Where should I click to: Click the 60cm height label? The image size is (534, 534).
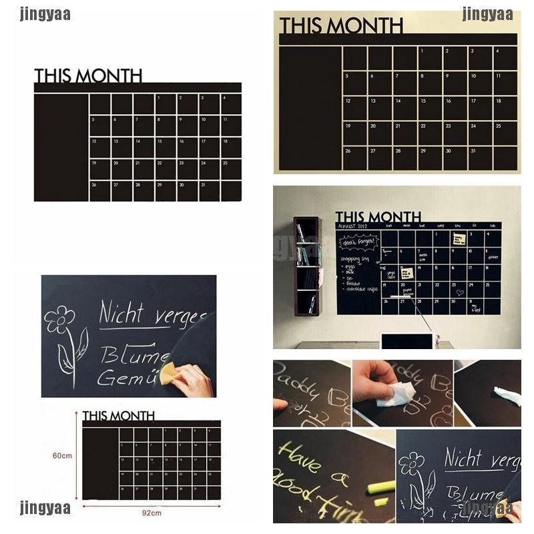[x=62, y=455]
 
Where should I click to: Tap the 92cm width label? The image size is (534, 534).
[x=152, y=513]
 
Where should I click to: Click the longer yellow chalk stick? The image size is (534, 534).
[x=380, y=487]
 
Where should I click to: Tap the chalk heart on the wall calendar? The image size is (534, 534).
[x=459, y=292]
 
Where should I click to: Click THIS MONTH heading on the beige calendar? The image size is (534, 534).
[x=340, y=25]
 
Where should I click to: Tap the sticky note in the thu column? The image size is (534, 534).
[x=459, y=239]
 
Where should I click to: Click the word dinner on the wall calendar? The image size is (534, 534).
[x=493, y=256]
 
